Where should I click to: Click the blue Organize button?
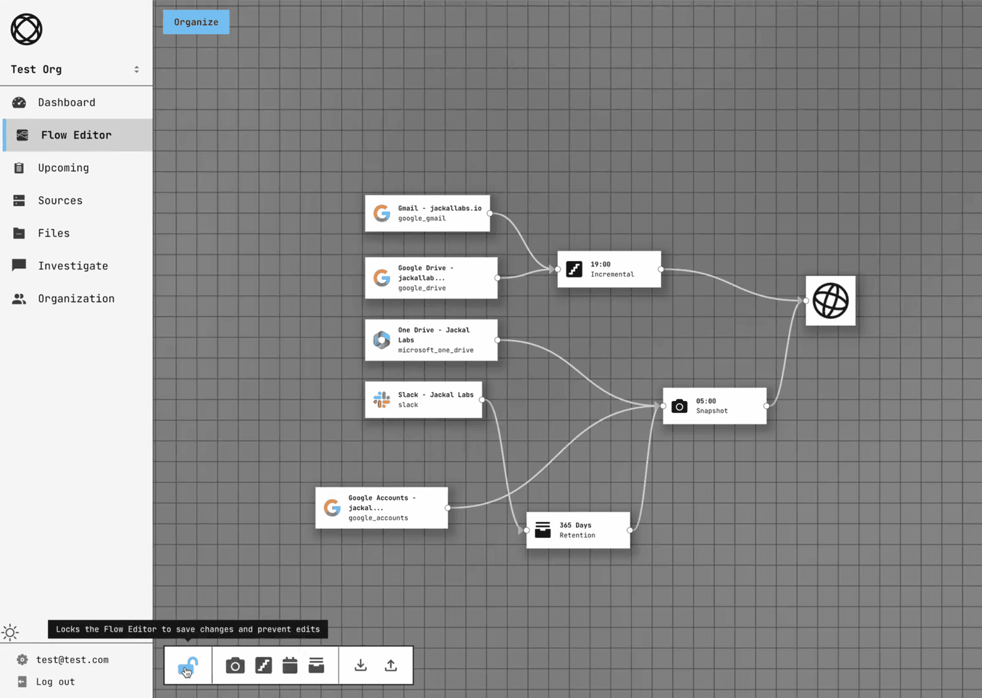(x=196, y=22)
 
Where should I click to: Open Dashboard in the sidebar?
(x=66, y=103)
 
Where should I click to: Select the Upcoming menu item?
(x=63, y=168)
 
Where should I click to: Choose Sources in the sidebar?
(x=60, y=201)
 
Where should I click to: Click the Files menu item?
(x=53, y=234)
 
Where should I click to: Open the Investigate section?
(x=72, y=266)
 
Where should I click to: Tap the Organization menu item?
(x=76, y=299)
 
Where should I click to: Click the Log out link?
(x=55, y=682)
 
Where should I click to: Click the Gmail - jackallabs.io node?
(x=427, y=213)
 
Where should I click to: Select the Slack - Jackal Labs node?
(x=423, y=400)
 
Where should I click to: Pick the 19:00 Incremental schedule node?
(x=609, y=269)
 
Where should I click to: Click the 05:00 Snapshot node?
(x=715, y=406)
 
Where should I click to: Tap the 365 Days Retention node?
(x=578, y=530)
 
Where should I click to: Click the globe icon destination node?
(x=830, y=301)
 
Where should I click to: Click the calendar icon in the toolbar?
(x=290, y=665)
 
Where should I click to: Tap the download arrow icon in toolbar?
(x=360, y=665)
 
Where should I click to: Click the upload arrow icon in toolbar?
(x=390, y=665)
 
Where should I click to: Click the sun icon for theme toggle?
(x=10, y=633)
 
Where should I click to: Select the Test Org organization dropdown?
(x=76, y=69)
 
